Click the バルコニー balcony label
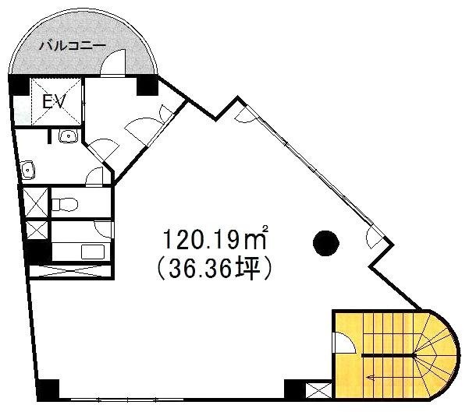point(72,46)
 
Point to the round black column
point(325,243)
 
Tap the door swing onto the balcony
point(114,64)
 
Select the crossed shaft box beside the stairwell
point(318,390)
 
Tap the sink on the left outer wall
point(29,168)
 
